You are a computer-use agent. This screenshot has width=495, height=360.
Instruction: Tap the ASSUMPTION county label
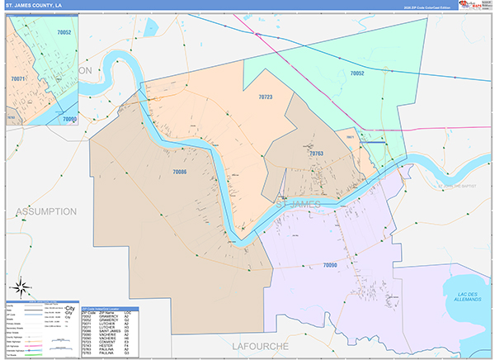pyautogui.click(x=46, y=211)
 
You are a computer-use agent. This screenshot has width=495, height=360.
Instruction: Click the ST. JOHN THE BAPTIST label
pyautogui.click(x=457, y=187)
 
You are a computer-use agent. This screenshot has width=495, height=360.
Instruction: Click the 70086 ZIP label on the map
pyautogui.click(x=180, y=171)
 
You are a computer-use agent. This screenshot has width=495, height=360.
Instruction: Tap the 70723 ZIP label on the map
pyautogui.click(x=265, y=97)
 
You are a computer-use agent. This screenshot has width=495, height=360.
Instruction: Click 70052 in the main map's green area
pyautogui.click(x=357, y=73)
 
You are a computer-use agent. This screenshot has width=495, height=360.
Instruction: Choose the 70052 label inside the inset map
pyautogui.click(x=64, y=32)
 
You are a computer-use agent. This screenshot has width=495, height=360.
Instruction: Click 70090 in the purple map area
pyautogui.click(x=330, y=264)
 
